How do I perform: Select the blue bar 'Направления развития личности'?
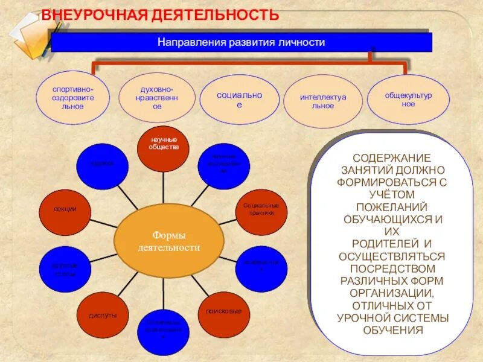point(241,43)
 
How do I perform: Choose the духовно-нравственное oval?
point(157,97)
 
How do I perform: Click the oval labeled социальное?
point(239,99)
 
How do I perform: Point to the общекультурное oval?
point(408,99)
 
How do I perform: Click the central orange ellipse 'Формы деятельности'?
point(169,240)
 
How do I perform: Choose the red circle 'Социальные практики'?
point(260,209)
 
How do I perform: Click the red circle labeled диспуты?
point(103,316)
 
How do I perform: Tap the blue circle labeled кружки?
point(103,164)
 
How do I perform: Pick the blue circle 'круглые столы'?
point(65,268)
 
